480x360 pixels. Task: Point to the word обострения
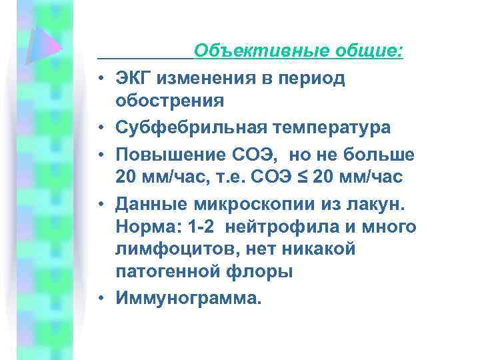[x=169, y=101]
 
